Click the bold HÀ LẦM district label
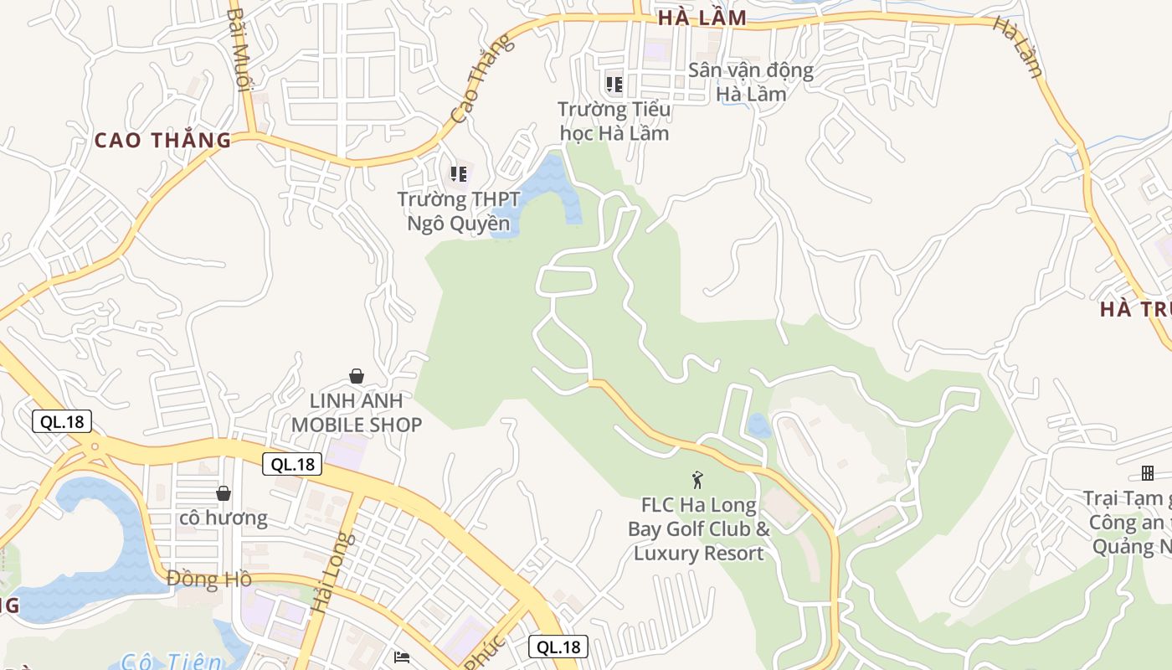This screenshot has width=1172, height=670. (702, 18)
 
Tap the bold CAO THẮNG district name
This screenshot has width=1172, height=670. (162, 140)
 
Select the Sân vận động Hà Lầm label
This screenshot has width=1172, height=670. (751, 81)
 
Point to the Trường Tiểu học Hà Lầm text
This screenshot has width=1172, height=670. (614, 121)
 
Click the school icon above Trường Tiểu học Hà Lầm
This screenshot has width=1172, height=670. (614, 84)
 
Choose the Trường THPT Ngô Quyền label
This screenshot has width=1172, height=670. (458, 211)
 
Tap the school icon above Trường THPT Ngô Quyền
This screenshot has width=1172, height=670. (458, 174)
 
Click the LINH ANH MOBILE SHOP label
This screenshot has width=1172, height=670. (357, 413)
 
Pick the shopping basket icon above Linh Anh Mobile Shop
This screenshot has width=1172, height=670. (357, 376)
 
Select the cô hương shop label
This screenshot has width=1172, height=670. (224, 518)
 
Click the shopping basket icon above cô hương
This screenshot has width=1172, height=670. (224, 493)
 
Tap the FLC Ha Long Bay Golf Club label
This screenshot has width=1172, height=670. (699, 528)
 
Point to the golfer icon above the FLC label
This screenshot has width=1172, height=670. (697, 480)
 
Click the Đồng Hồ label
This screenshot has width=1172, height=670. (209, 579)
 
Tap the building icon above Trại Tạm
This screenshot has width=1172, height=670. (1147, 473)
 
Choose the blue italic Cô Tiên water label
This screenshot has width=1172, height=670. (172, 662)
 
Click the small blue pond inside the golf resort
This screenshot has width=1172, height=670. (758, 425)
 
